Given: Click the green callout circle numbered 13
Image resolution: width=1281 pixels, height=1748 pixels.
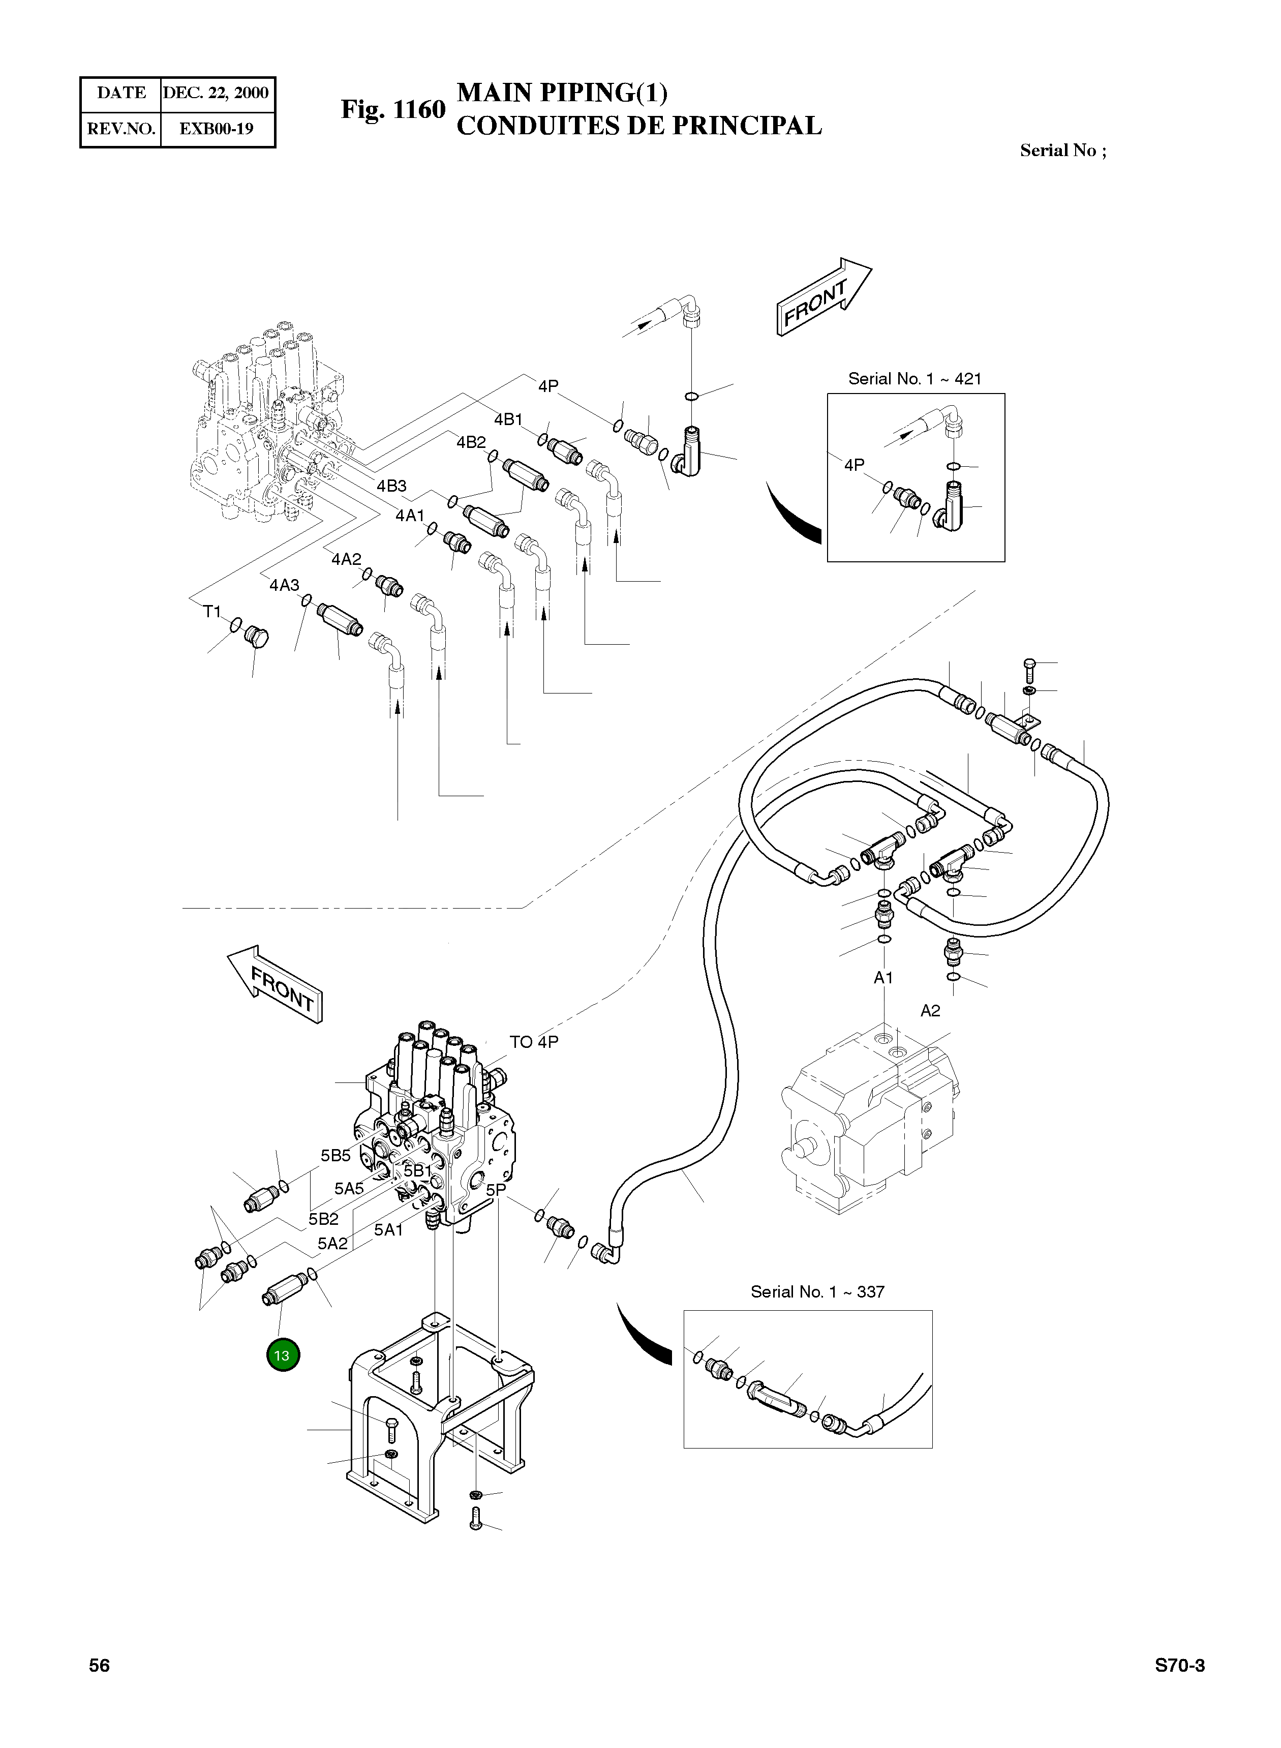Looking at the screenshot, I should tap(282, 1355).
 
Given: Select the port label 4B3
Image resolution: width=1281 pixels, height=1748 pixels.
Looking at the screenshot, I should tap(391, 486).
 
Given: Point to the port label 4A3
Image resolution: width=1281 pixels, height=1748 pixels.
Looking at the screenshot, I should tap(285, 585).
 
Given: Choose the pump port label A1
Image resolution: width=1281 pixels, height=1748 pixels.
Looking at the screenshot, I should tap(883, 978).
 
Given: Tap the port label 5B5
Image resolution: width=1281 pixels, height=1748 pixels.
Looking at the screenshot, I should tap(336, 1156).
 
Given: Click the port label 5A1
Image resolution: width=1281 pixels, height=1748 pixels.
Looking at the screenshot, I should tap(388, 1230).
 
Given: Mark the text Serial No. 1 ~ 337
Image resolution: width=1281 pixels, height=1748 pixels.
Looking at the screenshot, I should tap(817, 1291).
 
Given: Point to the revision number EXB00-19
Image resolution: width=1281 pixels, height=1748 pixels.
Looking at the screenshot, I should tap(217, 129).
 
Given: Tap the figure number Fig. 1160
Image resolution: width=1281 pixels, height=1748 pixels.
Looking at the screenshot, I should tap(393, 110).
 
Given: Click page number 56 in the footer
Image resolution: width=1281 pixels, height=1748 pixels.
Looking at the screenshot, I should tap(99, 1665).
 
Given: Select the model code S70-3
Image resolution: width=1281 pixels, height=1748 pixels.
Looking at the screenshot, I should tap(1179, 1665).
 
